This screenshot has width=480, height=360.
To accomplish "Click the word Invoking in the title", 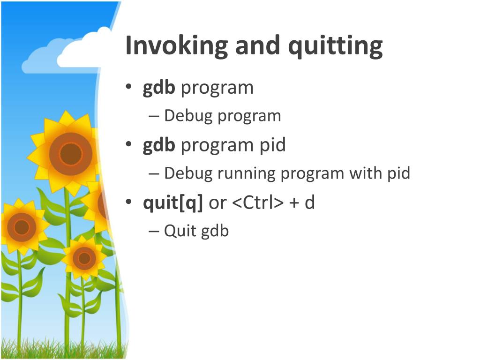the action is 177,45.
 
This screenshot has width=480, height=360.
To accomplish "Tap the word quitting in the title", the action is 335,46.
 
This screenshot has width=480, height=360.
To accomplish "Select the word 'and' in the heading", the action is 257,45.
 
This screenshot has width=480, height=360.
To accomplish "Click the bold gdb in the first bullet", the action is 159,88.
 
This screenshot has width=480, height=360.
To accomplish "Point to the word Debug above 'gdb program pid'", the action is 188,116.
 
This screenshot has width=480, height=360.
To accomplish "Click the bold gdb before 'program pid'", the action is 159,145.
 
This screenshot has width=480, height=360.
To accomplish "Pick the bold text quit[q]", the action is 173,203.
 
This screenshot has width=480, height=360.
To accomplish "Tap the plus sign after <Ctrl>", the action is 294,203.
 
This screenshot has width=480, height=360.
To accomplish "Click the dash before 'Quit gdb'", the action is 154,231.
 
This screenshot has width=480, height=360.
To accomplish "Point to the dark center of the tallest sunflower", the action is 71,154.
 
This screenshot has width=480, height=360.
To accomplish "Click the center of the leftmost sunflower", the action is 22,227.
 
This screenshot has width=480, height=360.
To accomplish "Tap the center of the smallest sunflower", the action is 84,258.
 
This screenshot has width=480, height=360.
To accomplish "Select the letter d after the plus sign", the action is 310,202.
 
